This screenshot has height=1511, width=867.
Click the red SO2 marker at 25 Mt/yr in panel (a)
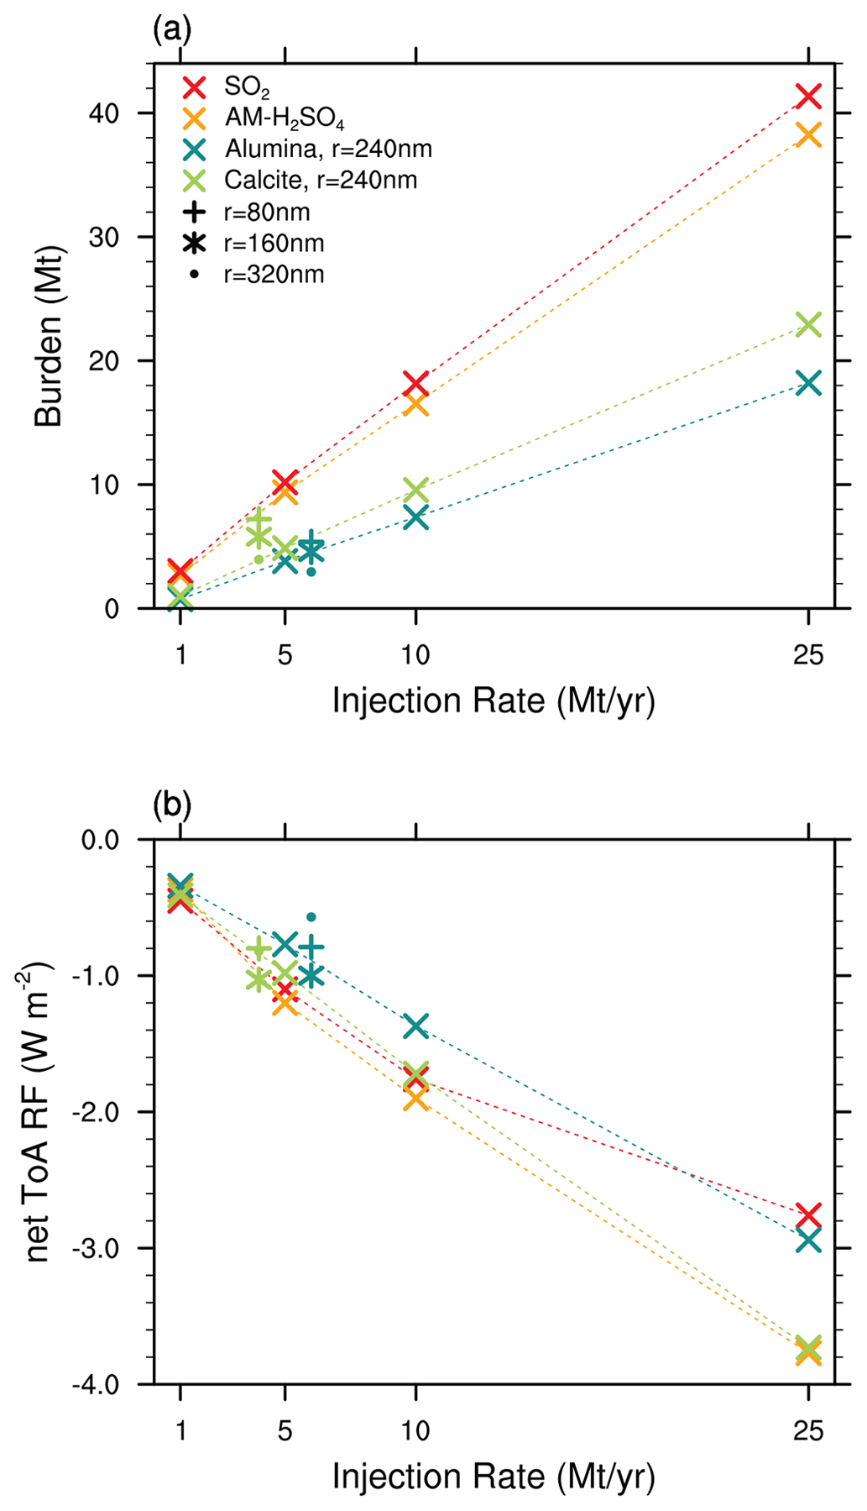pyautogui.click(x=807, y=96)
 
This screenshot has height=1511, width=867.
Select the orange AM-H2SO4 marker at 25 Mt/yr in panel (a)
pyautogui.click(x=807, y=134)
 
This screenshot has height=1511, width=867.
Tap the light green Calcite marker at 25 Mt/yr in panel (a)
pyautogui.click(x=807, y=324)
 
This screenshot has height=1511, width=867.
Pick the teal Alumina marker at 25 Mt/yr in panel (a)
pyautogui.click(x=807, y=383)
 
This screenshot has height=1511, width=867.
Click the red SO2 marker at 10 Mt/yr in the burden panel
pyautogui.click(x=415, y=383)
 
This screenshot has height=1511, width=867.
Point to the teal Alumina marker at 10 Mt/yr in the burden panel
pyautogui.click(x=415, y=517)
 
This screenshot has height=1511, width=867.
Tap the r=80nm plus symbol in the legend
pyautogui.click(x=195, y=212)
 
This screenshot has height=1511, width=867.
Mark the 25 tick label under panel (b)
pyautogui.click(x=807, y=1431)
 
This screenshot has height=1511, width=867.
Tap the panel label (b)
pyautogui.click(x=172, y=805)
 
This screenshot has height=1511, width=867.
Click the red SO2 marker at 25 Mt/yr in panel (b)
pyautogui.click(x=807, y=1215)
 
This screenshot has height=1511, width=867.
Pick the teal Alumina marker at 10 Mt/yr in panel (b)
pyautogui.click(x=415, y=1025)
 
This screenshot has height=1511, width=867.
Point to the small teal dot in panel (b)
pyautogui.click(x=311, y=917)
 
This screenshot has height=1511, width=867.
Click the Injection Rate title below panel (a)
pyautogui.click(x=494, y=700)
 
